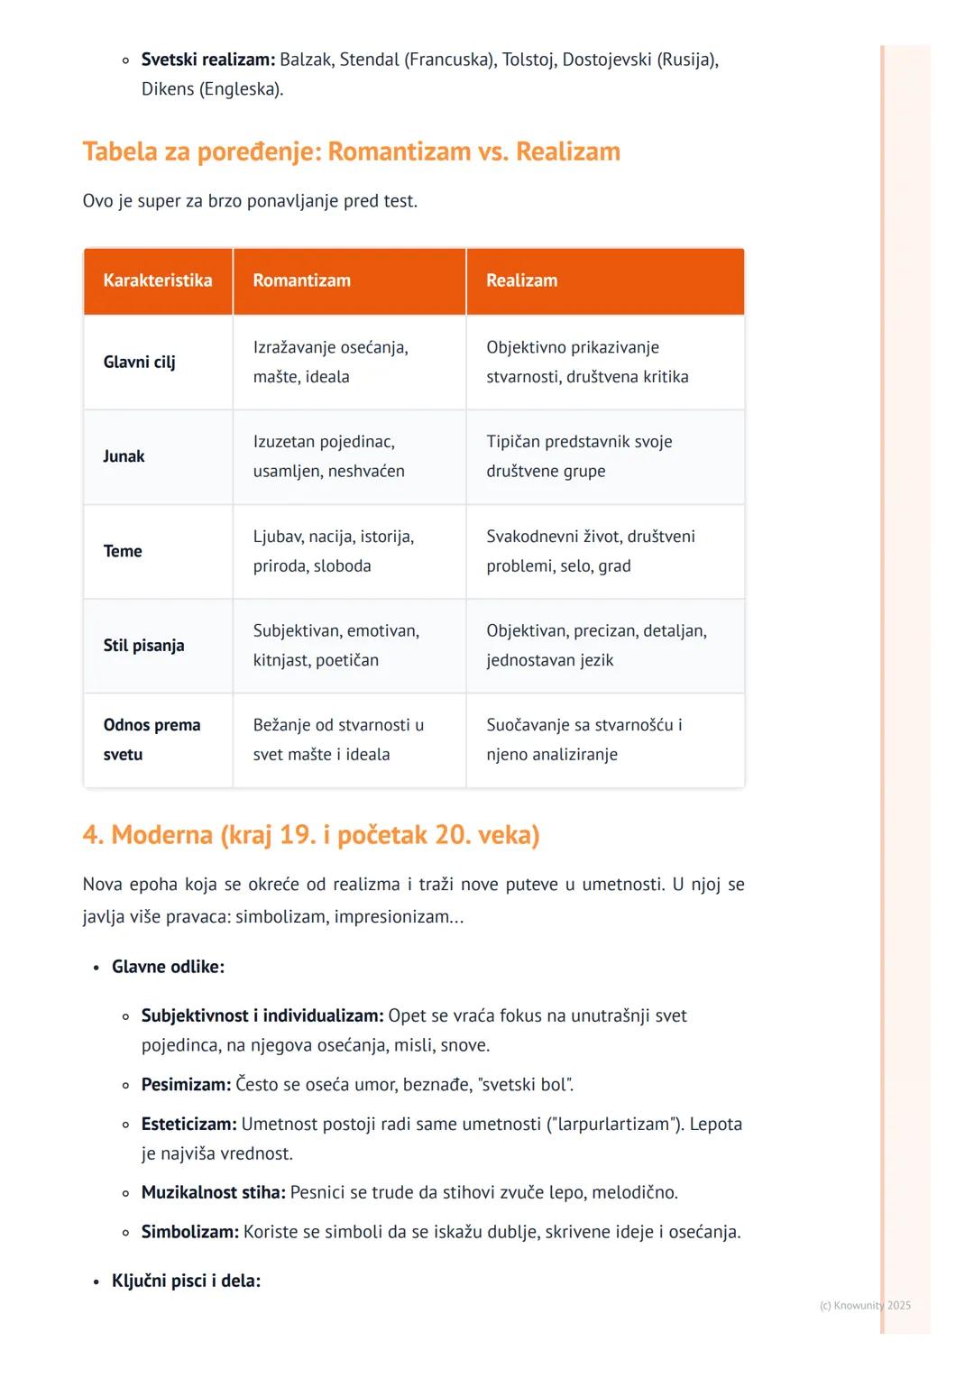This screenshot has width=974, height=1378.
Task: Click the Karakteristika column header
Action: tap(158, 280)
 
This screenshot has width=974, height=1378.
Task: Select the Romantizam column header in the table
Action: tap(301, 280)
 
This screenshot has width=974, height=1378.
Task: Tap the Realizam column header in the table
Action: tap(521, 280)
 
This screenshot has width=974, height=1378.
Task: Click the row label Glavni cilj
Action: tap(140, 362)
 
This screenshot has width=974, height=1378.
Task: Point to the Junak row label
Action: tap(124, 456)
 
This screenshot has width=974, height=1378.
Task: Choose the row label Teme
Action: tap(123, 551)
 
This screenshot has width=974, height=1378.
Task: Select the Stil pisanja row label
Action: tap(143, 646)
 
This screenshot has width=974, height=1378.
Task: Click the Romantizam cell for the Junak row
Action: tap(329, 456)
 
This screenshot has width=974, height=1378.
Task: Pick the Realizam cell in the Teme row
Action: tap(590, 551)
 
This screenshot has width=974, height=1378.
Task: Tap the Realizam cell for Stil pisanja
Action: tap(595, 646)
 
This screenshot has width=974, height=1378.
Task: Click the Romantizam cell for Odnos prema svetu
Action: tap(338, 740)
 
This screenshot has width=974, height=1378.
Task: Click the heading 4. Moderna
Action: tap(310, 835)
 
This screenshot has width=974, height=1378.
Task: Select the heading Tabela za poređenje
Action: tap(351, 152)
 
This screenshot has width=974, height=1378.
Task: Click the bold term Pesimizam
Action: tap(186, 1085)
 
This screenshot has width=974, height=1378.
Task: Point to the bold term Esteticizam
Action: tap(188, 1125)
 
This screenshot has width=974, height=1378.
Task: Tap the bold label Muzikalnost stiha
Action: tap(213, 1192)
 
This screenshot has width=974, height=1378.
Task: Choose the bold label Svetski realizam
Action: tap(208, 60)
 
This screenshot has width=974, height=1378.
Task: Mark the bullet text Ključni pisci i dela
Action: tap(186, 1281)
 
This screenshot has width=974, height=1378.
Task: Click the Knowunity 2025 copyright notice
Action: tap(865, 1305)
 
